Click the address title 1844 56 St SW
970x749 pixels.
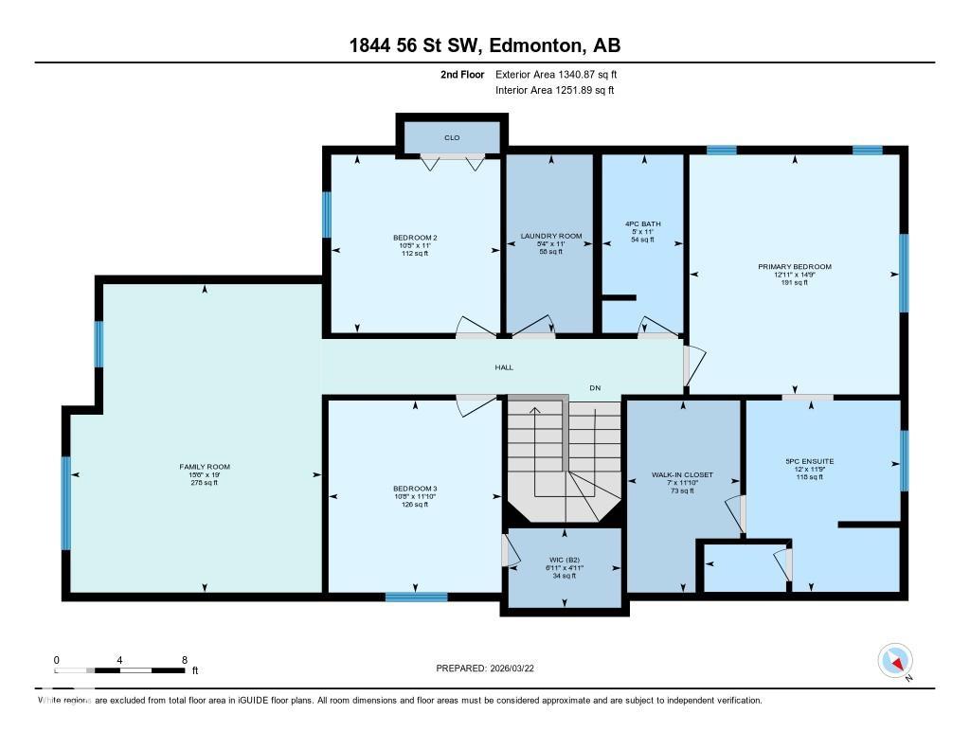[x=484, y=46]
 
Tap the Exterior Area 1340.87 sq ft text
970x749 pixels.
[x=556, y=74]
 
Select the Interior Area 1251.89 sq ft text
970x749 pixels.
[x=554, y=91]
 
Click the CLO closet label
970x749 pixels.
[x=452, y=138]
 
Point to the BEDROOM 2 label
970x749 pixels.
[x=415, y=237]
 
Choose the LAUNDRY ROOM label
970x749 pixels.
[x=550, y=236]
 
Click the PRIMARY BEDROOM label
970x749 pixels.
[x=794, y=266]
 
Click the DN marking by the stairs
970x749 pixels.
[x=595, y=388]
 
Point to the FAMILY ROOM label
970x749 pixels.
[x=205, y=467]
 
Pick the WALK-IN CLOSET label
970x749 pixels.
[x=682, y=474]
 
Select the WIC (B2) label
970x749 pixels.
[x=565, y=561]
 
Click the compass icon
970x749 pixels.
[x=895, y=660]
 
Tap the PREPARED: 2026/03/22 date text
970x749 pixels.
[x=491, y=668]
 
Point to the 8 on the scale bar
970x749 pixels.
[x=184, y=659]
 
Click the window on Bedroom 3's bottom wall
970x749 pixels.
[x=416, y=597]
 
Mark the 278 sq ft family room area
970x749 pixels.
[x=205, y=483]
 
